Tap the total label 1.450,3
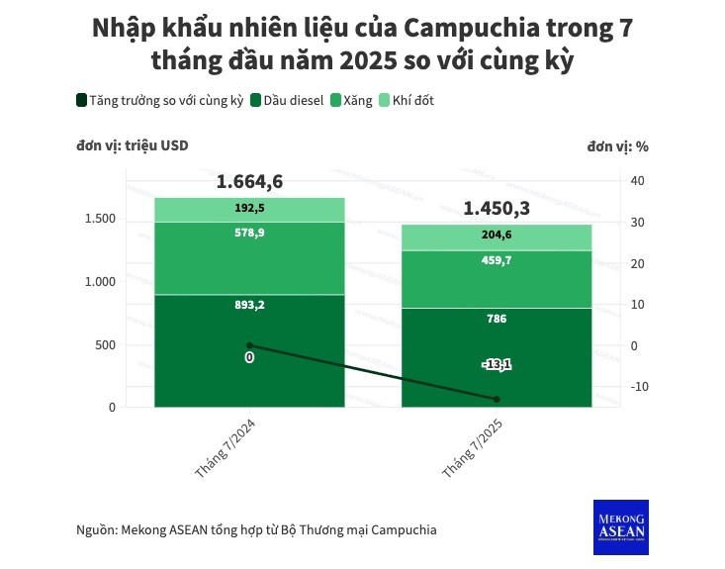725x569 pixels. [498, 209]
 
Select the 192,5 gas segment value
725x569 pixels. [249, 209]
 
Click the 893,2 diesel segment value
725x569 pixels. [249, 305]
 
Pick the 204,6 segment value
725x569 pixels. [498, 236]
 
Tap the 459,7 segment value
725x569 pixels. [498, 260]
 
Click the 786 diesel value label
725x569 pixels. [498, 320]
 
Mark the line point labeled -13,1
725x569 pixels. [498, 399]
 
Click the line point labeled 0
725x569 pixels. [249, 345]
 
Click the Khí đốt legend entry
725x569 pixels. [407, 100]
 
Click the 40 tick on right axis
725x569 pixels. [637, 180]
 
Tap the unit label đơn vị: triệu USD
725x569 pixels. [133, 145]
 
